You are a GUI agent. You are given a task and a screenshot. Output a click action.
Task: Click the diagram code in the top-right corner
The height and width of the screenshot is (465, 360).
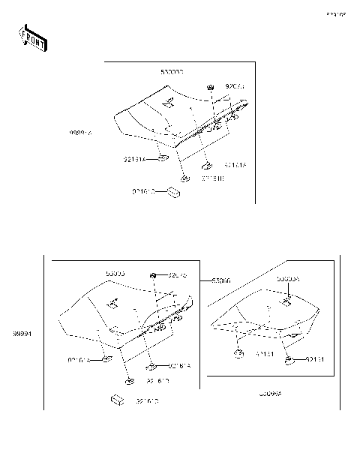(x=335, y=14)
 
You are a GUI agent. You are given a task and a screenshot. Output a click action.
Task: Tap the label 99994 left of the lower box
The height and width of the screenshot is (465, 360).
(x=22, y=331)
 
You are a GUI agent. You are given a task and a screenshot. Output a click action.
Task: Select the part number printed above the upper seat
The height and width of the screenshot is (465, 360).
(x=172, y=72)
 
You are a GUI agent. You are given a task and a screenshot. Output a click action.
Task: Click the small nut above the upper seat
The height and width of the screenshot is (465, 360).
(x=211, y=88)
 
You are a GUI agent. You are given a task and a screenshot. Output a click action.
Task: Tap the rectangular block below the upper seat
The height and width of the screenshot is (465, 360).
(x=173, y=193)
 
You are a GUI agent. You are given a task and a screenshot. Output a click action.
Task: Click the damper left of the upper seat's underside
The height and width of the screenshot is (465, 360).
(x=163, y=159)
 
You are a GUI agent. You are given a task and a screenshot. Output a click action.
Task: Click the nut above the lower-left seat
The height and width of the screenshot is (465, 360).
(x=154, y=276)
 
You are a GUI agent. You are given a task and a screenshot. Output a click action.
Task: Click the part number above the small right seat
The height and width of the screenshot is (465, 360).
(x=288, y=279)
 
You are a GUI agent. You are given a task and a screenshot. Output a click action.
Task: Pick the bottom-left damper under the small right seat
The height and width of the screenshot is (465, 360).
(x=239, y=352)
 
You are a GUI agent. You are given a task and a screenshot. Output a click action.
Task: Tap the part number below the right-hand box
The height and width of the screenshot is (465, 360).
(x=271, y=393)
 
